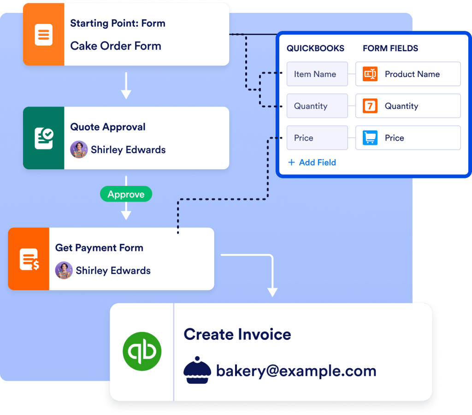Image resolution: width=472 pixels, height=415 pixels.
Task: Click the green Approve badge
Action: click(x=126, y=194)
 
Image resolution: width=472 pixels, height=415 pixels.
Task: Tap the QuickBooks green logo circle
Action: click(x=142, y=351)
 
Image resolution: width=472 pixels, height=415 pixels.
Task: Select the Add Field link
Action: click(x=312, y=162)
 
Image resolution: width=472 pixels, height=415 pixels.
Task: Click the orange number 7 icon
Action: click(x=370, y=106)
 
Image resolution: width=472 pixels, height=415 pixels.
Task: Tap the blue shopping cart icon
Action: click(x=370, y=138)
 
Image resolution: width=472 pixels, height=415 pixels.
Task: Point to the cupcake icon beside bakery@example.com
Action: click(x=197, y=370)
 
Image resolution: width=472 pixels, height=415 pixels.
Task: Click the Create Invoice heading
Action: click(x=237, y=334)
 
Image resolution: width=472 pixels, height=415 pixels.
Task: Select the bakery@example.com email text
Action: click(x=296, y=371)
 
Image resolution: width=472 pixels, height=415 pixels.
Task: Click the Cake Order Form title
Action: click(x=116, y=46)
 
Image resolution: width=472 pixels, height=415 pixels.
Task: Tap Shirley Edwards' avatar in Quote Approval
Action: click(x=79, y=149)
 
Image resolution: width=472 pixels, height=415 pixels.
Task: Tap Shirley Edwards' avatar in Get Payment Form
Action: click(x=64, y=270)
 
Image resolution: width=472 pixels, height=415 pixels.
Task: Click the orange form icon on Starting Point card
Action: click(x=44, y=35)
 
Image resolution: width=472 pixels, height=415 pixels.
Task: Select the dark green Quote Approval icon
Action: click(x=44, y=138)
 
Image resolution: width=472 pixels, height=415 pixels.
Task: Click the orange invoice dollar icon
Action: click(x=29, y=259)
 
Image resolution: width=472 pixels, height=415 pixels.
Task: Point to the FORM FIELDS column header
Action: click(x=390, y=48)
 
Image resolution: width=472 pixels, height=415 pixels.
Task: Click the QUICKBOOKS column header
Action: click(x=315, y=48)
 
